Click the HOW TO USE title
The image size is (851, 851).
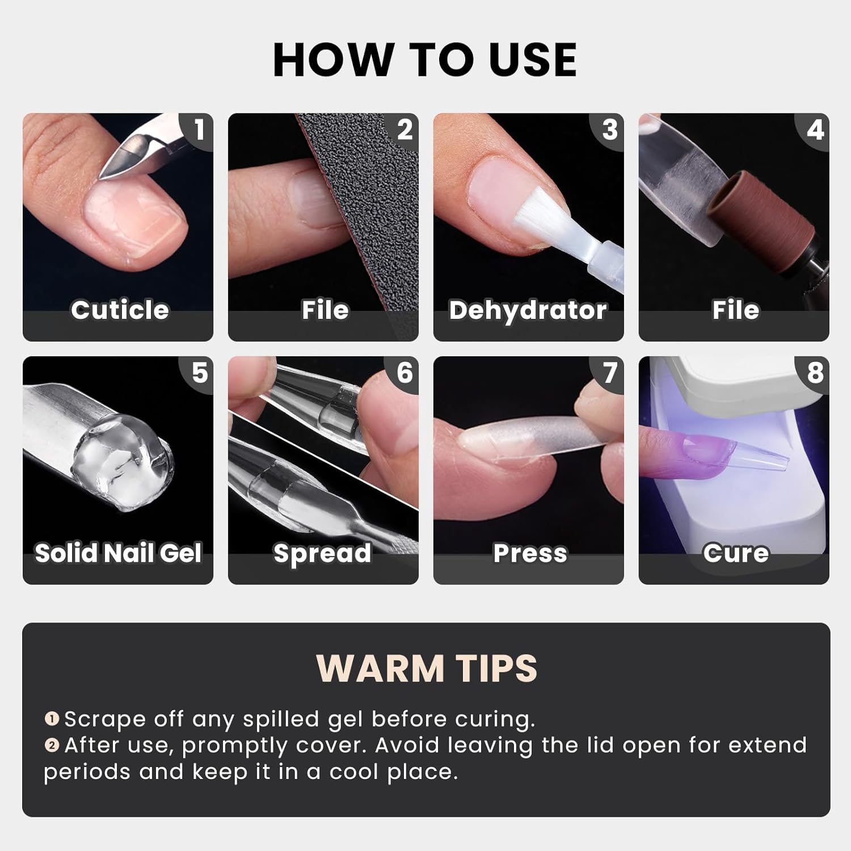(x=425, y=60)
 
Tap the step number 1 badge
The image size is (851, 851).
(x=199, y=130)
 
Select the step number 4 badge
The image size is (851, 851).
(x=815, y=130)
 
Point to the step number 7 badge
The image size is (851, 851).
(x=609, y=373)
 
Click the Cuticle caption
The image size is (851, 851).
(x=120, y=310)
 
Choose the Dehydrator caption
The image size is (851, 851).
(x=528, y=310)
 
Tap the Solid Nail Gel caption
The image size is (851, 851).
(x=118, y=553)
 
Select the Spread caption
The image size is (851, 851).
(x=322, y=553)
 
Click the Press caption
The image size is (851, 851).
(x=530, y=553)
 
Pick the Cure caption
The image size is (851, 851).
(x=736, y=553)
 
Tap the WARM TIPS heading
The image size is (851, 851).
(x=426, y=668)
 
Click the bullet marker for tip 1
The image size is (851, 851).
(x=52, y=719)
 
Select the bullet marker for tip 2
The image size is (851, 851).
(x=52, y=745)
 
